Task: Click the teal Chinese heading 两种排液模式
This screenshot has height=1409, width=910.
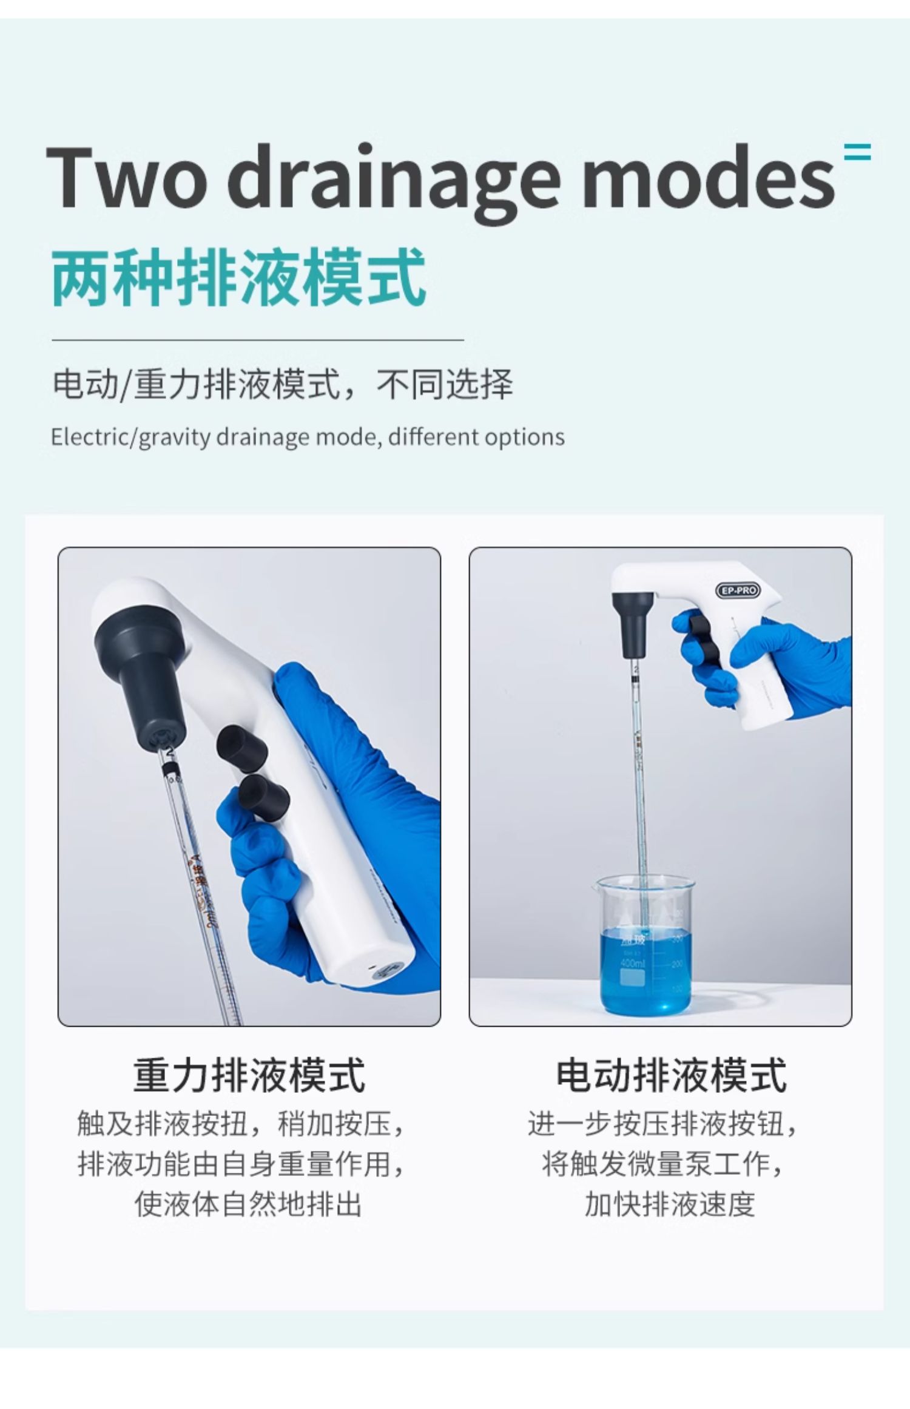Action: click(x=239, y=277)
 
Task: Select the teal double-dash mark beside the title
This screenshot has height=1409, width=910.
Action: click(x=858, y=152)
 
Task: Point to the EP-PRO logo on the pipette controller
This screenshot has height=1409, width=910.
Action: click(x=738, y=590)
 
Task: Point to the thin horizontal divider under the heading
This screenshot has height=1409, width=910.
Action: click(x=258, y=340)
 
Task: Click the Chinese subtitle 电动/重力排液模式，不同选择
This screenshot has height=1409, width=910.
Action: click(x=283, y=384)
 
